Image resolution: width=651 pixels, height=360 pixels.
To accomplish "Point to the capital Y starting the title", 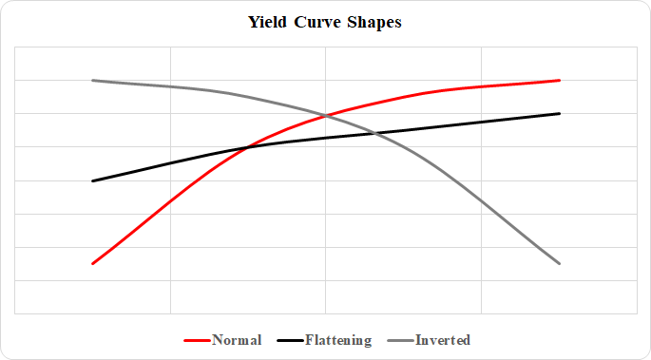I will tap(254, 23).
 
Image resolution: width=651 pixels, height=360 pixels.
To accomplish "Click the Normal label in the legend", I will tap(237, 340).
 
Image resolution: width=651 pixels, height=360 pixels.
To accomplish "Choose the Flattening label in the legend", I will tap(338, 340).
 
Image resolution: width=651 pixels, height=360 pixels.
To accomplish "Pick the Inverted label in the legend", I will tap(443, 340).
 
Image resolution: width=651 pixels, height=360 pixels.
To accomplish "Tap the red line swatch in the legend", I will tap(196, 340).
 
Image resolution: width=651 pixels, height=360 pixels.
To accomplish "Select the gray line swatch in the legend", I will tap(400, 340).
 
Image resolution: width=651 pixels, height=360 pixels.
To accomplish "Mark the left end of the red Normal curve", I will tap(92, 263).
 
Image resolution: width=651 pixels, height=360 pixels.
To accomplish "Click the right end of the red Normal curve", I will tap(560, 81).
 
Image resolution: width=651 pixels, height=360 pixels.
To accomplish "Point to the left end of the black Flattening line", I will tap(92, 180).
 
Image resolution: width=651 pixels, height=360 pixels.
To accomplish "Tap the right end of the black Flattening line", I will tap(560, 113).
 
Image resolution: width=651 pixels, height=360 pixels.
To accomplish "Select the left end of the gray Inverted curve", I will tap(92, 81).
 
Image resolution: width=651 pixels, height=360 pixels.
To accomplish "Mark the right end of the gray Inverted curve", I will tap(560, 263).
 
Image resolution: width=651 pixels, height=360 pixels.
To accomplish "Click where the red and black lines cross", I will tap(247, 147).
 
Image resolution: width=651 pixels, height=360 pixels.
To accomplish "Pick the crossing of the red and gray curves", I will tap(325, 116).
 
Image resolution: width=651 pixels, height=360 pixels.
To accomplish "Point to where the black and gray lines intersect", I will tap(376, 133).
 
